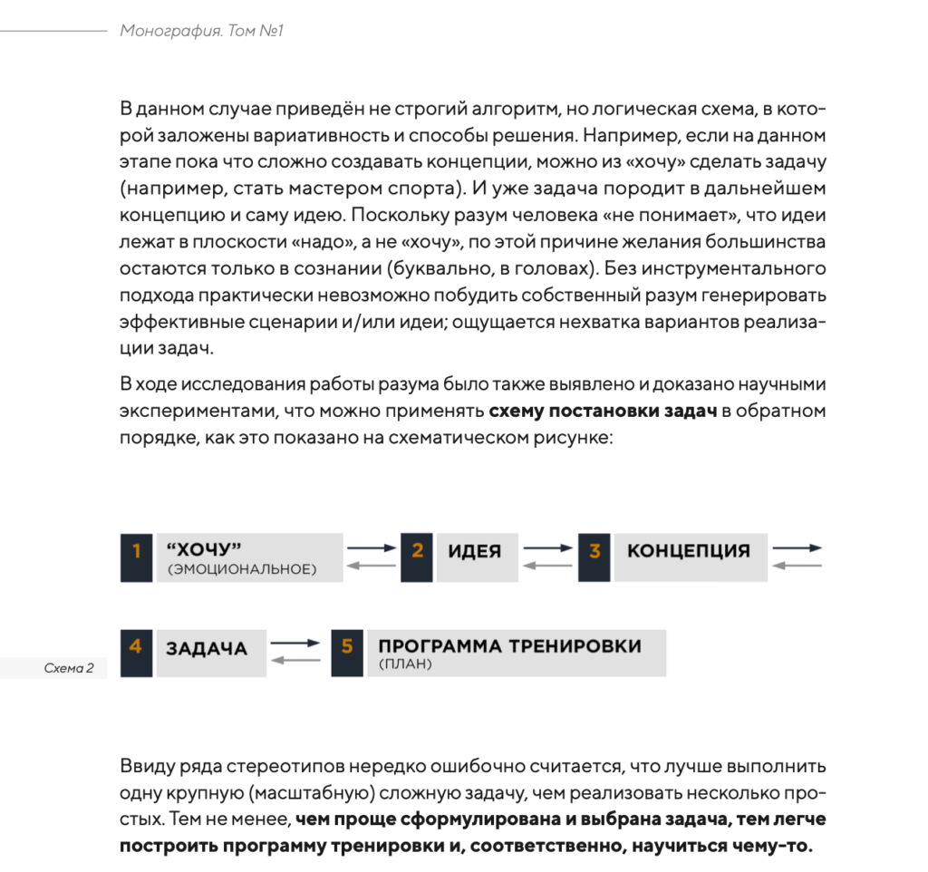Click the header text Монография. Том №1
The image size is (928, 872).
(x=203, y=32)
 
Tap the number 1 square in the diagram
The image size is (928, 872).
(x=136, y=557)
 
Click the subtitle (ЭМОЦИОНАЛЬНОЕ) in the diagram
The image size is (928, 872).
(x=241, y=570)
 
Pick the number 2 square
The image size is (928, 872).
(x=417, y=557)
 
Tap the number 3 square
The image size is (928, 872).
(x=594, y=557)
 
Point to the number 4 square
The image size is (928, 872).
(x=136, y=653)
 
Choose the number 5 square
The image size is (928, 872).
(x=347, y=653)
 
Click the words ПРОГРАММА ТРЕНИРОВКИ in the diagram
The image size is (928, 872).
(x=509, y=646)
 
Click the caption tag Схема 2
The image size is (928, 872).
(x=69, y=669)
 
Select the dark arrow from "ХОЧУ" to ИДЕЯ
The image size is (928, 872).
(x=372, y=547)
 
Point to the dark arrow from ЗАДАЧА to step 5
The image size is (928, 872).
(x=295, y=643)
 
